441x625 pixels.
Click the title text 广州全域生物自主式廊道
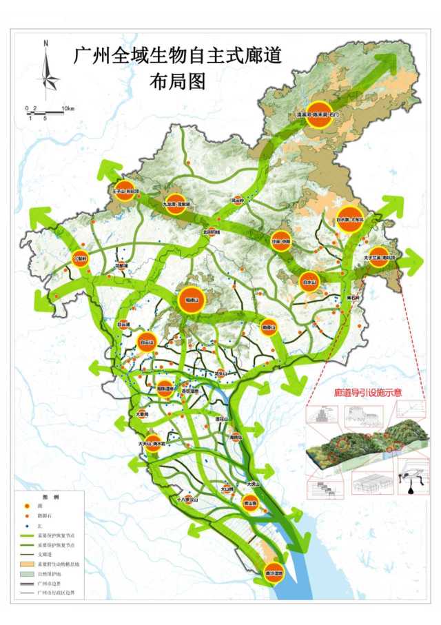pyautogui.click(x=178, y=55)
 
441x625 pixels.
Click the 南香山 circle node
pyautogui.click(x=269, y=327)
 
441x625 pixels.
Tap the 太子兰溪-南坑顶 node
pyautogui.click(x=378, y=257)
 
